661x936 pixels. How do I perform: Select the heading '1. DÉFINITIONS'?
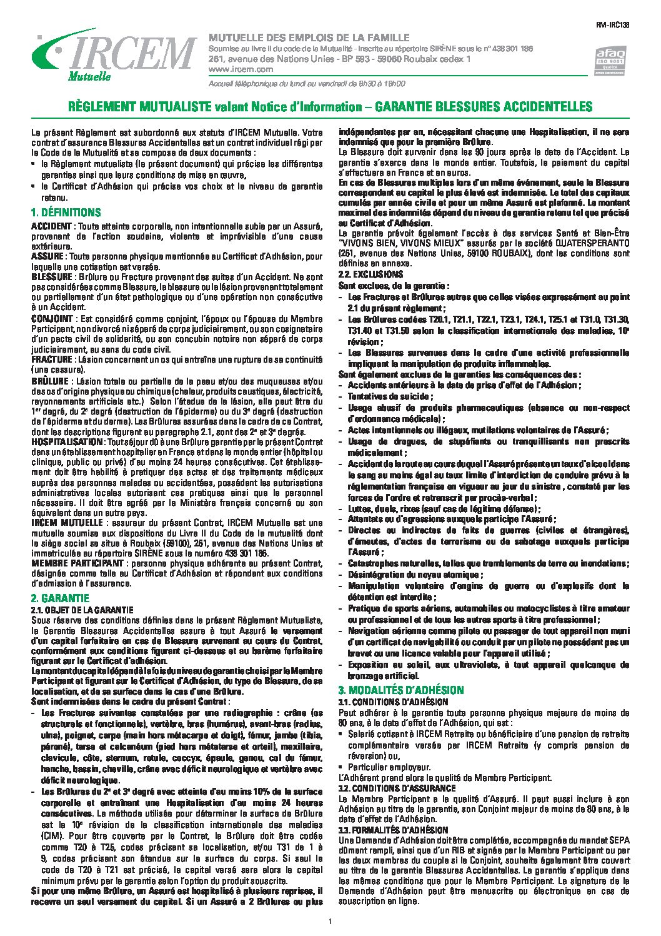(66, 213)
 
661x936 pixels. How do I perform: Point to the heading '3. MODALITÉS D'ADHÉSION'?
(400, 690)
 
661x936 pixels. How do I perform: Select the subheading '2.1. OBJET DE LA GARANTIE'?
(82, 610)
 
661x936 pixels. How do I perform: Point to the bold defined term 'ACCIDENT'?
(52, 224)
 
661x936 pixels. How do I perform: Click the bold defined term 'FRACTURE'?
(52, 360)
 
